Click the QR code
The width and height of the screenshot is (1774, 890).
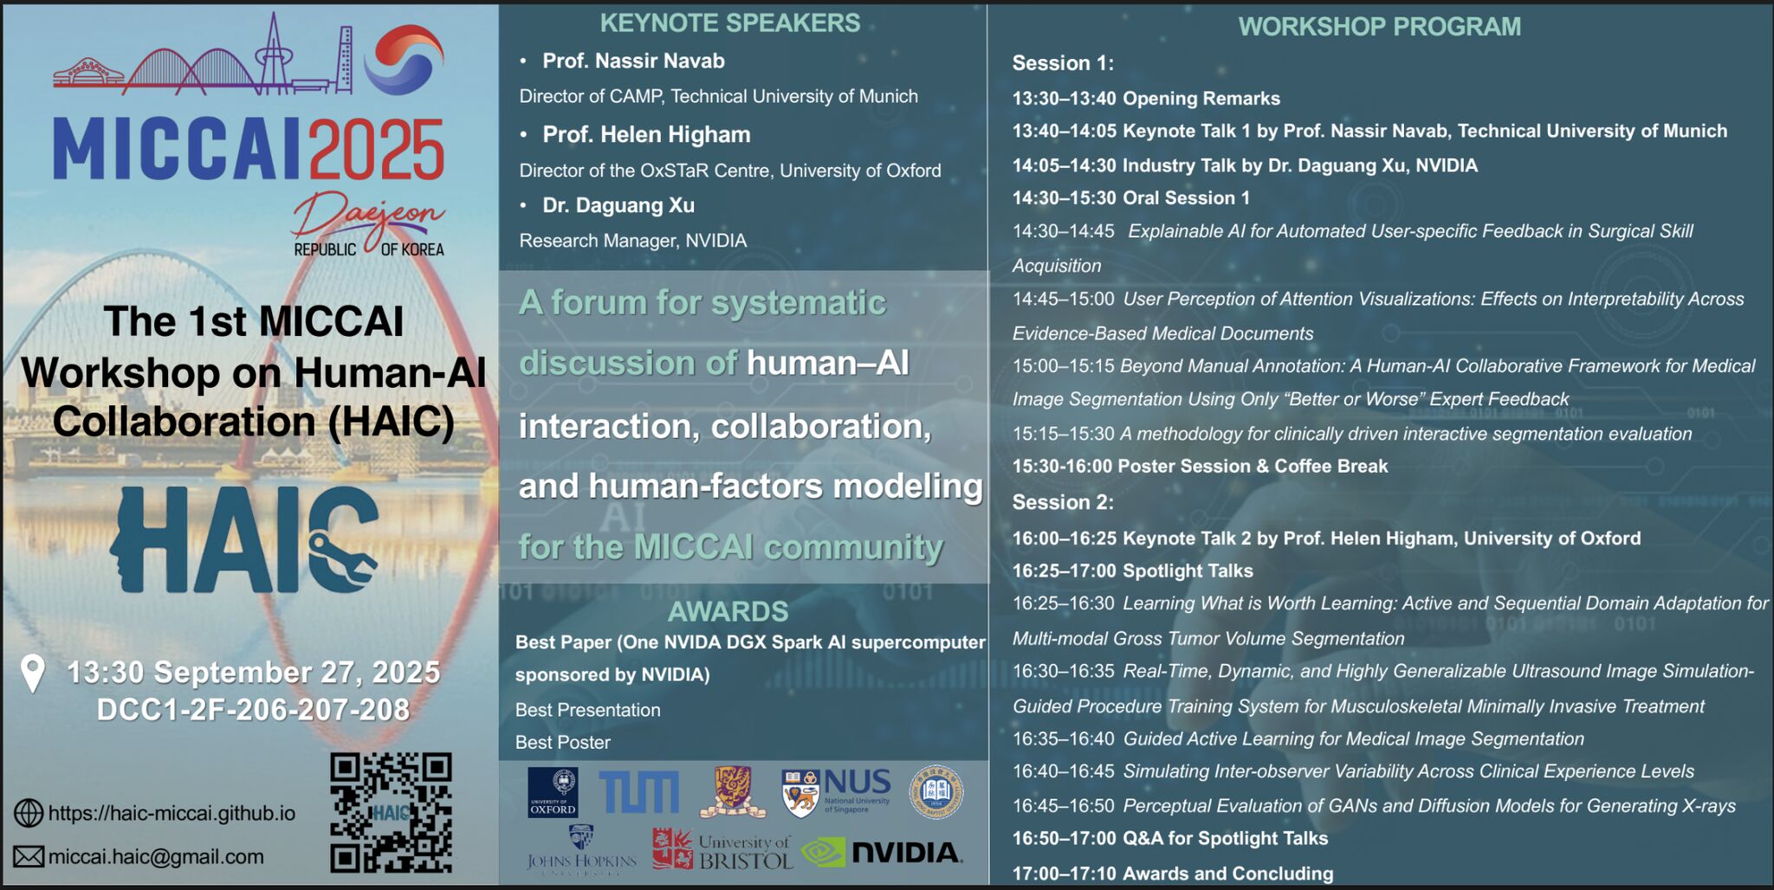[x=391, y=812]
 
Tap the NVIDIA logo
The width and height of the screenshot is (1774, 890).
[x=882, y=853]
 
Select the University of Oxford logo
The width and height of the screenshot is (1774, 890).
[x=553, y=792]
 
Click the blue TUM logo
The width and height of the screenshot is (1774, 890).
[x=639, y=792]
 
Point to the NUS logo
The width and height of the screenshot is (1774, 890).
[x=836, y=792]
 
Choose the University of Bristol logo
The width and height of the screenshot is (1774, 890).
[x=722, y=850]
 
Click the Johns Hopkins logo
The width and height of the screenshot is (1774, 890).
[x=581, y=850]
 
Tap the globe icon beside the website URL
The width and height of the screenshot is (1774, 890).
[x=29, y=813]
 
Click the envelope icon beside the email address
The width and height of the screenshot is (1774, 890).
[x=29, y=857]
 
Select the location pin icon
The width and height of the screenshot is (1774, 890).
[x=33, y=674]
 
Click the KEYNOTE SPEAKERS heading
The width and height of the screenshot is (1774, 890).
[x=729, y=23]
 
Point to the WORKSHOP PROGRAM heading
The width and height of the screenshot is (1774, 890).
[x=1379, y=27]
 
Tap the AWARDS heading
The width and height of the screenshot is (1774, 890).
[x=728, y=611]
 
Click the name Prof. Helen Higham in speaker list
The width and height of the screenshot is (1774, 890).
[x=646, y=135]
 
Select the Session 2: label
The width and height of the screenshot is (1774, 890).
[x=1063, y=502]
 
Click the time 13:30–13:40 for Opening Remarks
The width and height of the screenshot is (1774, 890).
[x=1064, y=99]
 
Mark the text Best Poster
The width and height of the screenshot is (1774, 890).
[x=563, y=743]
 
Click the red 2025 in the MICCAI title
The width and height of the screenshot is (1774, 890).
[x=377, y=150]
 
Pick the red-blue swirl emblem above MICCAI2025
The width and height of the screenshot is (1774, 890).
[x=404, y=59]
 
